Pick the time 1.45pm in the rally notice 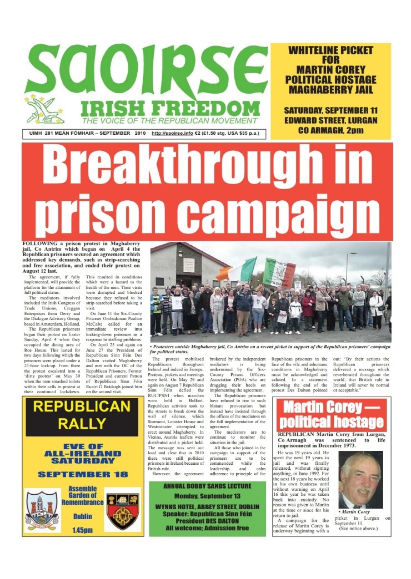(83, 530)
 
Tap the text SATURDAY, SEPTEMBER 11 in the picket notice (330, 110)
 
